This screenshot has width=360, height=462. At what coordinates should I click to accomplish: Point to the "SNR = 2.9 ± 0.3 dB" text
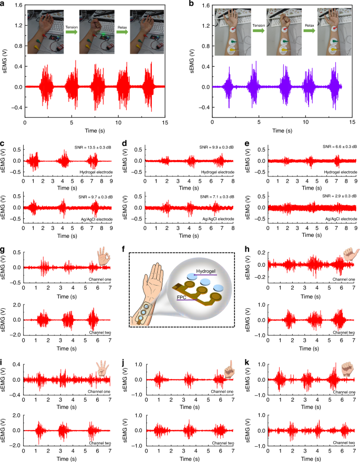tap(333, 196)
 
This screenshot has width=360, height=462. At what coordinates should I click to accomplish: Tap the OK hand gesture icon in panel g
tap(104, 257)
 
